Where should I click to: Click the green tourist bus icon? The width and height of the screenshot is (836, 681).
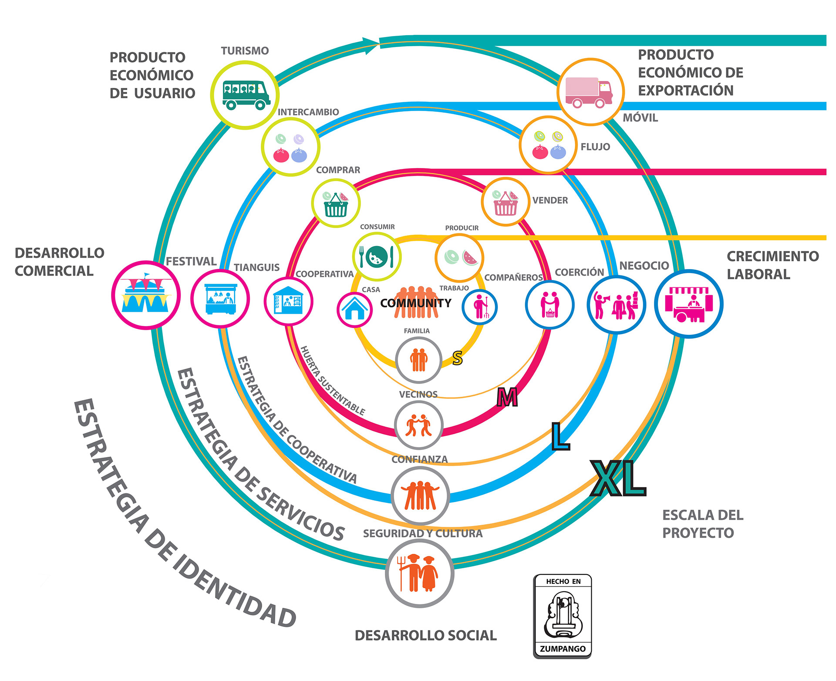(x=244, y=95)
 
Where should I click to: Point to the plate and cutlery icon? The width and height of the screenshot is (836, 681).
(x=377, y=256)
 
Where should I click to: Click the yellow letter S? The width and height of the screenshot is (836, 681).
(x=457, y=358)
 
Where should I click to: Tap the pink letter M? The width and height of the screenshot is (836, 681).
(x=507, y=397)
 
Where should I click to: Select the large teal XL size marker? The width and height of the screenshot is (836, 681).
(x=618, y=479)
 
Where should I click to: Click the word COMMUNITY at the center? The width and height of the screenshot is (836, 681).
(x=416, y=303)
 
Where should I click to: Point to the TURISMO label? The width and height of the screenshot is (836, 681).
(x=245, y=51)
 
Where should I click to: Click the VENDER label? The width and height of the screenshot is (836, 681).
(x=550, y=200)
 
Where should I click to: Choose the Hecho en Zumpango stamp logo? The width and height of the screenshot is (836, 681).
(x=563, y=616)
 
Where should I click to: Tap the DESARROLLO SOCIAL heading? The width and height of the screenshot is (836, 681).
(x=425, y=635)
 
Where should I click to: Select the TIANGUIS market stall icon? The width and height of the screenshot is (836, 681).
(x=220, y=299)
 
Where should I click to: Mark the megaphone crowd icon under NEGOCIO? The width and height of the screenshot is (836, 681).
(x=616, y=305)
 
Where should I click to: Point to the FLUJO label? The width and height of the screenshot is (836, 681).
(x=595, y=147)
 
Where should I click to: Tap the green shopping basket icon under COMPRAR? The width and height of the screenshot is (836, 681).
(x=336, y=204)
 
